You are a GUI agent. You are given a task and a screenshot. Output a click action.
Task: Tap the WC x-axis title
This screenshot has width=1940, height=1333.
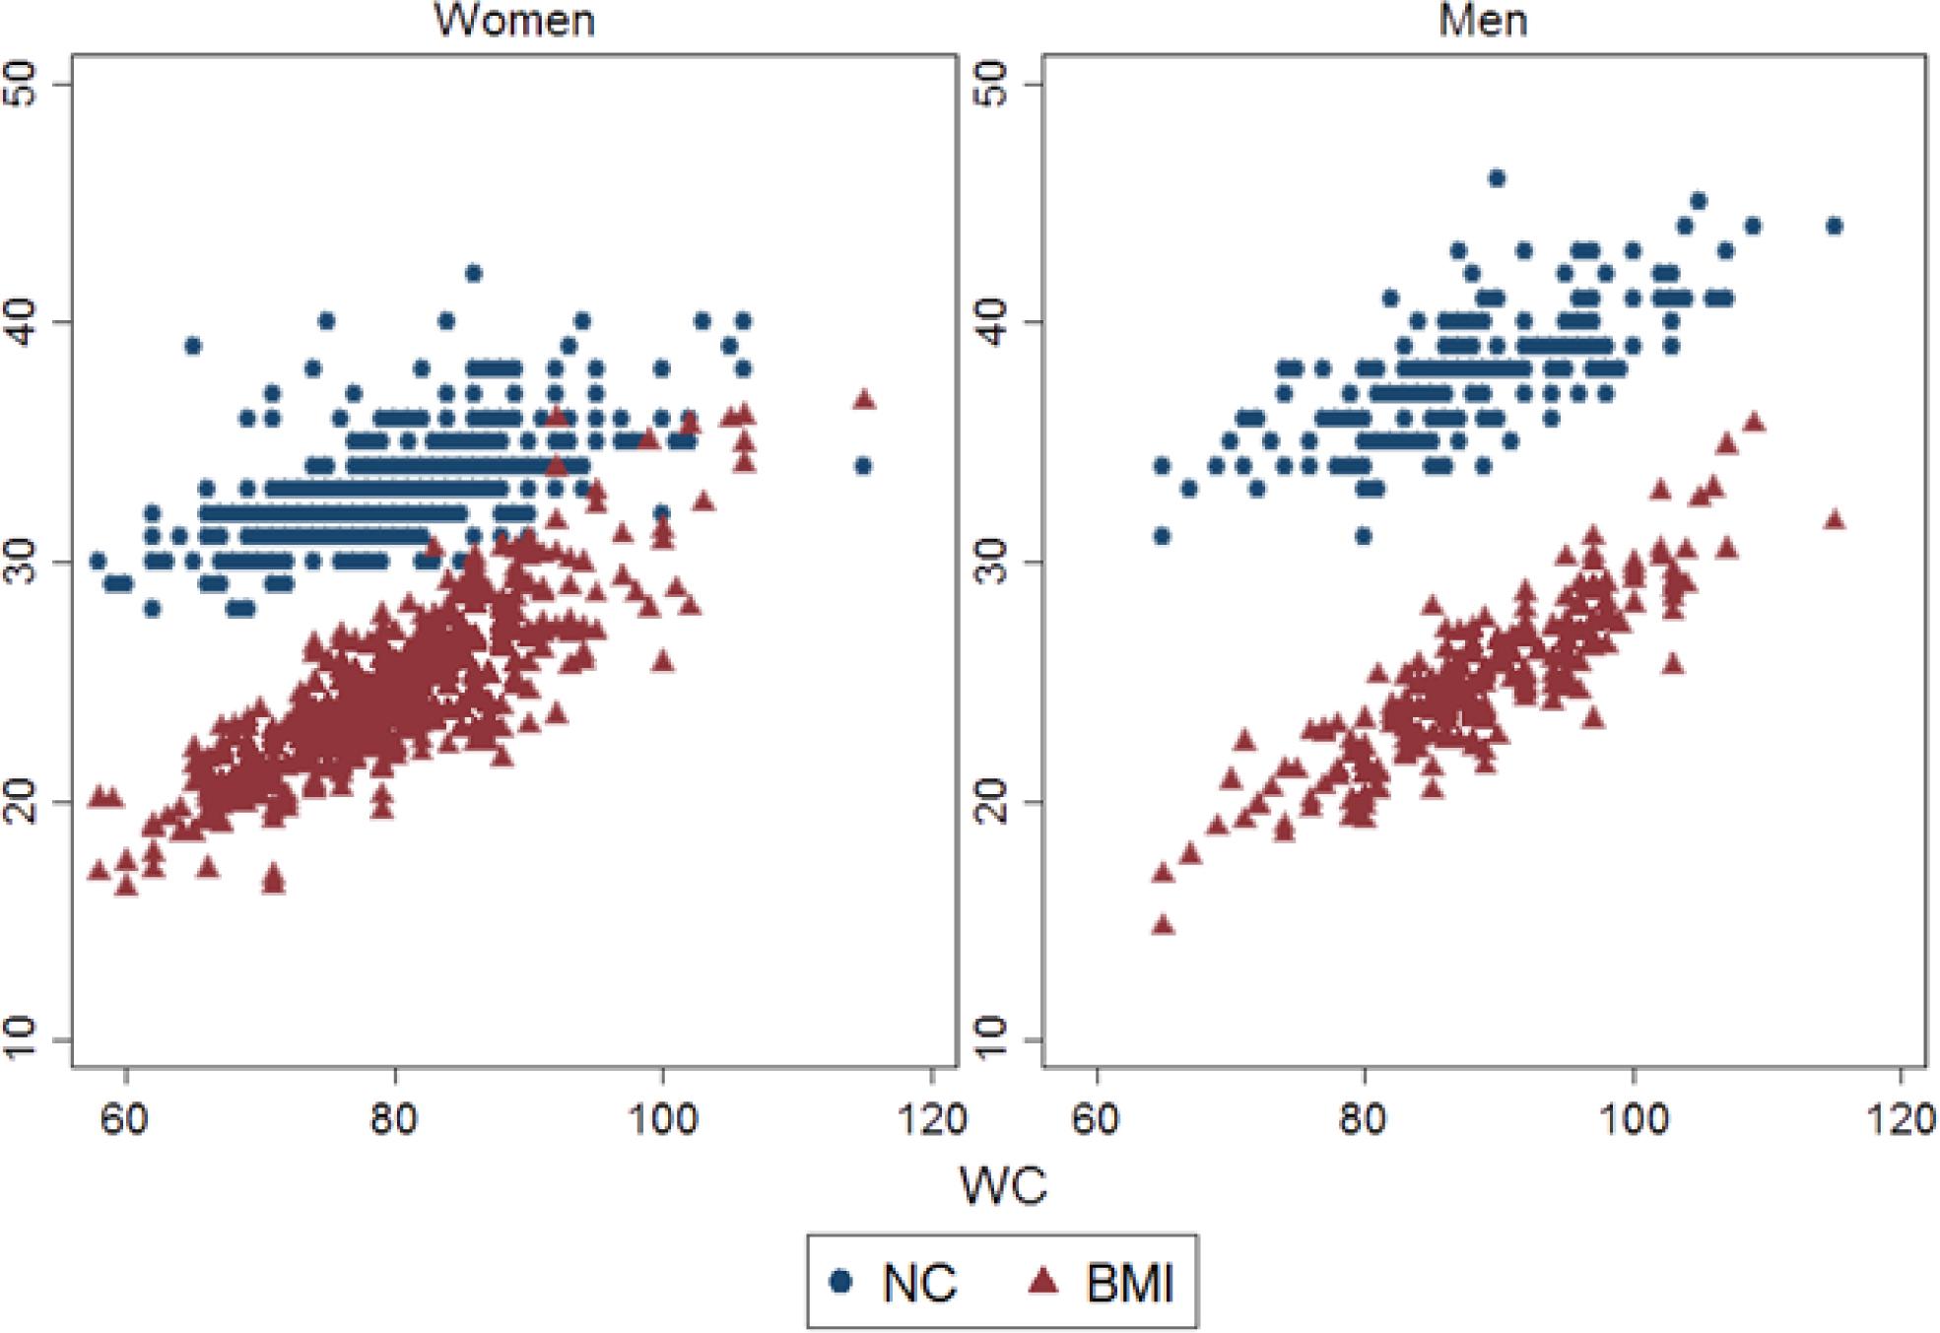coord(1002,1186)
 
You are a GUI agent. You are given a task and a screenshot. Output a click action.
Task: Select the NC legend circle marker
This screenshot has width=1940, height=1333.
coord(840,1281)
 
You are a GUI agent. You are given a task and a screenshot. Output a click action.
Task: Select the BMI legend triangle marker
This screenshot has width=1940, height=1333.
coord(1043,1281)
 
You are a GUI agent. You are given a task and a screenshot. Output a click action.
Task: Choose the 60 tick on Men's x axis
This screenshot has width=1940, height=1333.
coord(1096,1119)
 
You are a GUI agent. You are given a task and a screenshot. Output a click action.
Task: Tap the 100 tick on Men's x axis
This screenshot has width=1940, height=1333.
coord(1633,1119)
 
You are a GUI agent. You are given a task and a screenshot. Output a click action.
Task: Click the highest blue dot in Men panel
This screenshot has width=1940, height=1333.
coord(1497,178)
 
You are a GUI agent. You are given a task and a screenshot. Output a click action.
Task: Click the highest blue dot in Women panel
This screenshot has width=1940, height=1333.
coord(473,274)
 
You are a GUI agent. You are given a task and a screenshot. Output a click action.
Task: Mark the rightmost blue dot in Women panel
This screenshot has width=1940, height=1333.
coord(863,466)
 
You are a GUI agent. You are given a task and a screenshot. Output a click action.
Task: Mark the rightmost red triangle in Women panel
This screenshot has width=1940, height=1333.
coord(864,399)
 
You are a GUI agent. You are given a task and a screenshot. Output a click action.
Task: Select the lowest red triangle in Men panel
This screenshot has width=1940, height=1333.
coord(1163,924)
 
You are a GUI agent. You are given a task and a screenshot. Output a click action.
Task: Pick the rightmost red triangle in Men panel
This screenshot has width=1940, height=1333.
coord(1834,519)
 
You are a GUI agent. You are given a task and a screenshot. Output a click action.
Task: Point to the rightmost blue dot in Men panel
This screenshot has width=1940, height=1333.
coord(1834,227)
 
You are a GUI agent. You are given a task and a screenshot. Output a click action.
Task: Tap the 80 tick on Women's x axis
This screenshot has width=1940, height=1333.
coord(394,1119)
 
